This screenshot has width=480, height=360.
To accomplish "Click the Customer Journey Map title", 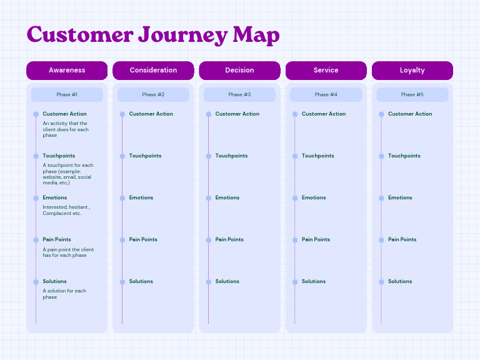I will pyautogui.click(x=153, y=35).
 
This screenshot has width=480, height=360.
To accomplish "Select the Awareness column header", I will pyautogui.click(x=67, y=71).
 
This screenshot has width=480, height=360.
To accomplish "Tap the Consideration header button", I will pyautogui.click(x=153, y=71).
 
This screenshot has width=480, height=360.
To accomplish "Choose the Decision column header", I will pyautogui.click(x=239, y=71).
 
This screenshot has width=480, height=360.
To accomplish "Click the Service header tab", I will pyautogui.click(x=326, y=71).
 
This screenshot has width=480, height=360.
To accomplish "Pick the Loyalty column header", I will pyautogui.click(x=412, y=71).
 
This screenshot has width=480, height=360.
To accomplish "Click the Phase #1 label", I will pyautogui.click(x=67, y=95).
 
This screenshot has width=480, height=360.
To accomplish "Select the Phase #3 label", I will pyautogui.click(x=239, y=95).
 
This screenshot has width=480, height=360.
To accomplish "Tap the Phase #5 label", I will pyautogui.click(x=412, y=95).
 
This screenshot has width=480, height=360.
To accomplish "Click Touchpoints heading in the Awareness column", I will pyautogui.click(x=59, y=156).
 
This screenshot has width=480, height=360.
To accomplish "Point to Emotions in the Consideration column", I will pyautogui.click(x=141, y=197).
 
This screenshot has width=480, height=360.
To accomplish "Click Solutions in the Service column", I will pyautogui.click(x=314, y=281).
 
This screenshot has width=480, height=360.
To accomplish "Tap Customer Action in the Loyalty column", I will pyautogui.click(x=410, y=114).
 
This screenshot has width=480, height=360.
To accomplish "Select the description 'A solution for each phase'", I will pyautogui.click(x=64, y=294).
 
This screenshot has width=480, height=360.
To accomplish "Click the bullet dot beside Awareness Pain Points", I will pyautogui.click(x=36, y=240).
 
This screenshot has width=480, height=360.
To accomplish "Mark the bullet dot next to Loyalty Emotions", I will pyautogui.click(x=381, y=198).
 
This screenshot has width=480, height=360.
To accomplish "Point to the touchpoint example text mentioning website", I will pyautogui.click(x=67, y=174).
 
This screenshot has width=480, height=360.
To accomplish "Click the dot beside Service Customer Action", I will pyautogui.click(x=295, y=114).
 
